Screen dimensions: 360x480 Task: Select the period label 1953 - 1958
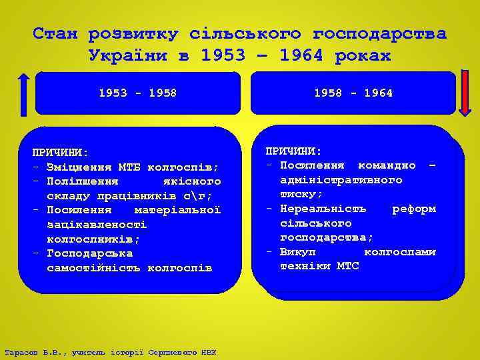pyautogui.click(x=137, y=93)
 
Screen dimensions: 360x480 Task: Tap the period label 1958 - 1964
pyautogui.click(x=353, y=93)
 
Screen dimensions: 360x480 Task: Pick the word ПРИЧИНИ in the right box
pyautogui.click(x=293, y=151)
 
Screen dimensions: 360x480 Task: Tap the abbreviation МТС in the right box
pyautogui.click(x=347, y=266)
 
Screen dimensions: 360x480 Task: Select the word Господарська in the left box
pyautogui.click(x=90, y=253)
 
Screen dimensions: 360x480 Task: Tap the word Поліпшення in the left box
pyautogui.click(x=83, y=181)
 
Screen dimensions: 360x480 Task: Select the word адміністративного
pyautogui.click(x=341, y=180)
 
